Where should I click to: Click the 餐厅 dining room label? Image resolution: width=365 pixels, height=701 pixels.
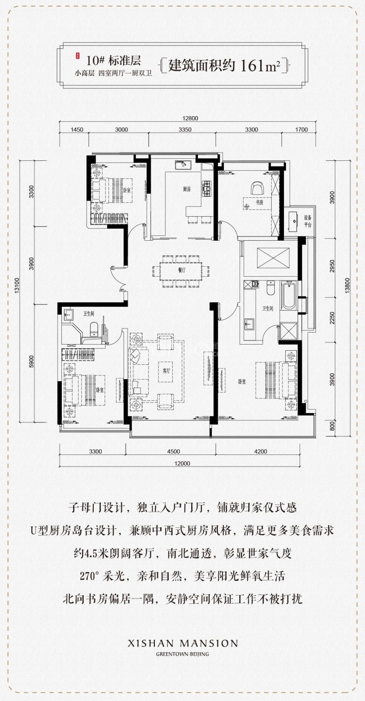point(182,270)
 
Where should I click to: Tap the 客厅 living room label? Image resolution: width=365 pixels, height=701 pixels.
point(166,371)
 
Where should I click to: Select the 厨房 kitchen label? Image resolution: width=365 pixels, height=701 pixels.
point(186,189)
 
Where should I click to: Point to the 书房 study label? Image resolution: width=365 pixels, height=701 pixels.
point(259,203)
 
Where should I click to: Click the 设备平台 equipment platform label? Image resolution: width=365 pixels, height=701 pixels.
point(308,221)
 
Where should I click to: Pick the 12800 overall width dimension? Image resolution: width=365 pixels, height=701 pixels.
point(190,118)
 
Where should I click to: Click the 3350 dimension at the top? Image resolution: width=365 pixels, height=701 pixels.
point(185,130)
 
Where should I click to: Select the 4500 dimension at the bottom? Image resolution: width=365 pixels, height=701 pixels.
point(173,452)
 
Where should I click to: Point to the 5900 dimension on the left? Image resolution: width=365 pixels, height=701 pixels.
point(31,361)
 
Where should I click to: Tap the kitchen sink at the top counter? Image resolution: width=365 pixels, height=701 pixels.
point(183,166)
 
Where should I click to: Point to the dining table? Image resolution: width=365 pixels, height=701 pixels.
point(181,270)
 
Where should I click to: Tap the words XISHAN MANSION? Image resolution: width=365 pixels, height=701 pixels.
point(182,644)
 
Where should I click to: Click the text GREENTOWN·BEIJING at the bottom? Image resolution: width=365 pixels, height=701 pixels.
point(182,654)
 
